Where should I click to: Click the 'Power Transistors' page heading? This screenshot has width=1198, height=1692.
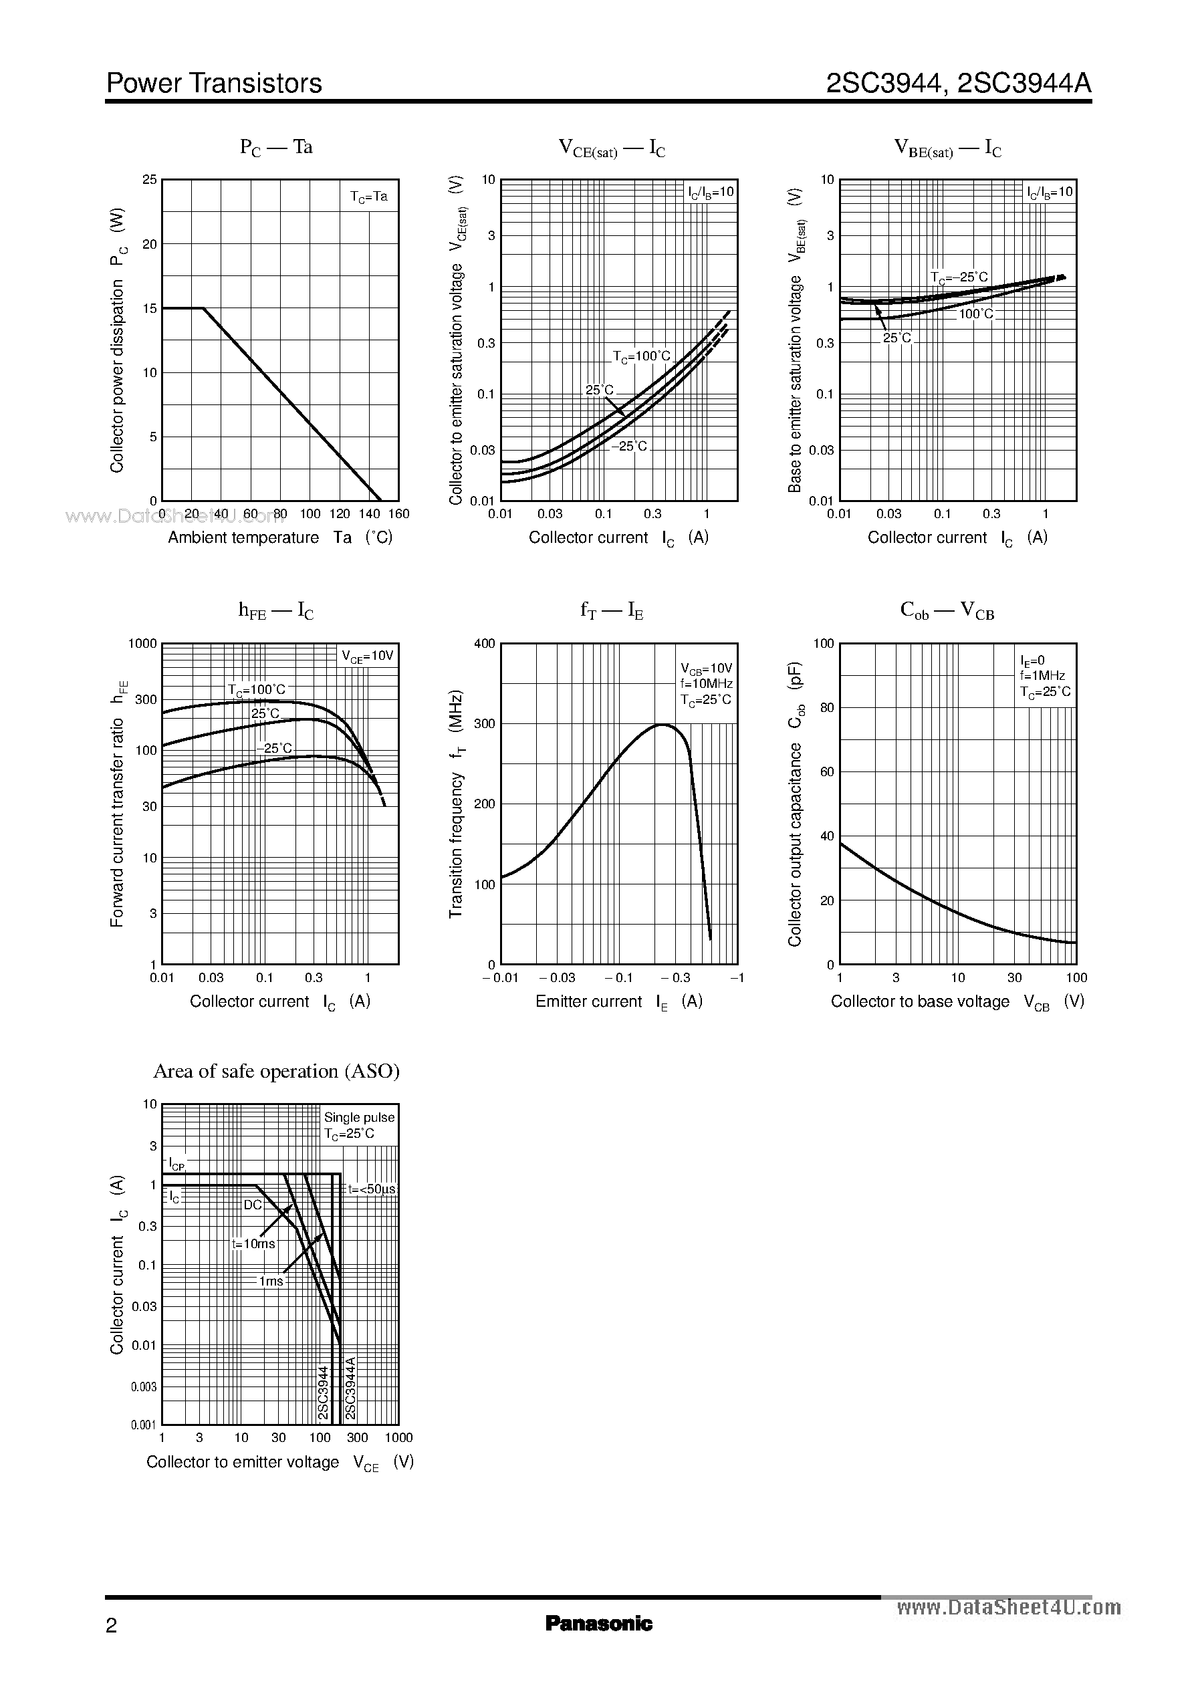pos(214,84)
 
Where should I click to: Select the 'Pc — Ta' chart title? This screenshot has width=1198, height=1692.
pos(277,148)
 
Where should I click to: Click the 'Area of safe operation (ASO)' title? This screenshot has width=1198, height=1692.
pos(276,1071)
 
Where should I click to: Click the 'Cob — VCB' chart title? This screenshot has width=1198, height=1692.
pos(947,611)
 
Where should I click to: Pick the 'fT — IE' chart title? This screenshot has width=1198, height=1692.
pos(612,611)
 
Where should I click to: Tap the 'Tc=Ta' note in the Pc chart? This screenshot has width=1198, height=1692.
pos(369,197)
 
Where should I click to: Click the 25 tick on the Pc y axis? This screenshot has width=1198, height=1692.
pos(150,179)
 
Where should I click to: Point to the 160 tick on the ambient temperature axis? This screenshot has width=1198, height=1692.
pos(398,514)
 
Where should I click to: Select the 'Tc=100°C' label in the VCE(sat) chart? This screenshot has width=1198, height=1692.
pos(642,357)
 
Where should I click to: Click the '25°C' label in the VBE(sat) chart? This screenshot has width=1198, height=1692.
pos(897,338)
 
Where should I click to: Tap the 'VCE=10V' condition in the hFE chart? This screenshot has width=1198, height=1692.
pos(368,656)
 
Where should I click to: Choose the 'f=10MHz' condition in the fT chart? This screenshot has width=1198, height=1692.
pos(706,685)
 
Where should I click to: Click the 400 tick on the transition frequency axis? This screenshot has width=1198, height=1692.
pos(485,644)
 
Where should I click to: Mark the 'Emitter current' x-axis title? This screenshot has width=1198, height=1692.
pos(589,1001)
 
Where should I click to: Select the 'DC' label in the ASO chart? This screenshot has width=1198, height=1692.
pos(253,1205)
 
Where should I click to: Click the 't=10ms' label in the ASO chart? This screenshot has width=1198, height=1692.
pos(253,1243)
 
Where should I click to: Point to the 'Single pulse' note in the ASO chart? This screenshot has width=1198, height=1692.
pos(359,1118)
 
